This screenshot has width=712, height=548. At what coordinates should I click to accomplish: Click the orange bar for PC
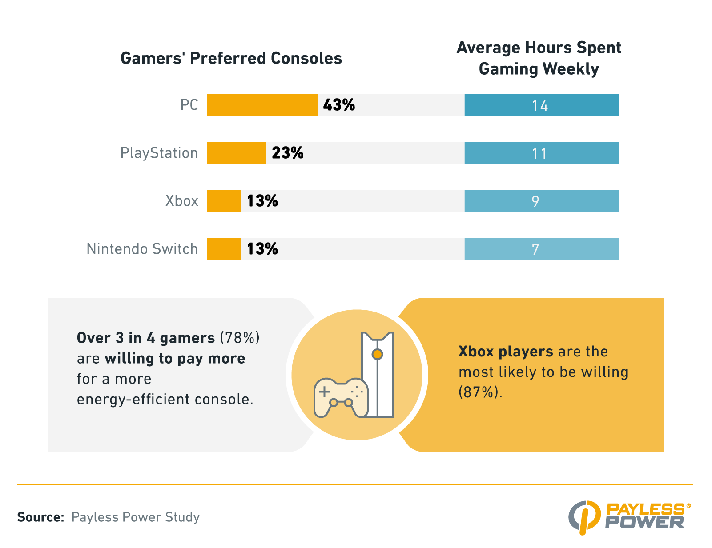point(262,105)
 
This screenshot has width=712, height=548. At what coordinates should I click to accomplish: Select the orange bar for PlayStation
point(236,153)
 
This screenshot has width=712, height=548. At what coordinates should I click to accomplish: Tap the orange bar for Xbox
point(224,201)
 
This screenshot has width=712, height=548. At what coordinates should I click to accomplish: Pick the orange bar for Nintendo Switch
point(224,249)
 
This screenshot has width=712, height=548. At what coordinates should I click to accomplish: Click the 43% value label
point(339,105)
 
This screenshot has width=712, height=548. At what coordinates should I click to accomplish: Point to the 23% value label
point(287,153)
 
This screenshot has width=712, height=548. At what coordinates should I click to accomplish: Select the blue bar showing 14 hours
point(541,105)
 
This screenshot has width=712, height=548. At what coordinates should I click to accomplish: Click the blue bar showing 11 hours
point(541,153)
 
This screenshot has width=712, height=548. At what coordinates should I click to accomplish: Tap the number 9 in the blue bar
point(535,201)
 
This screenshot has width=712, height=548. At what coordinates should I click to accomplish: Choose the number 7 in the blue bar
point(535,249)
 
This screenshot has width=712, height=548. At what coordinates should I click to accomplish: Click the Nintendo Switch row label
point(142,249)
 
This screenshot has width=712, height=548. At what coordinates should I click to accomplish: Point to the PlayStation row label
point(159,153)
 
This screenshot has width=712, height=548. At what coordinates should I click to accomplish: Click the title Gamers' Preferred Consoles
point(231,59)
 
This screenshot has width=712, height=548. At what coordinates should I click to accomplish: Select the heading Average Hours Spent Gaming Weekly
point(539,58)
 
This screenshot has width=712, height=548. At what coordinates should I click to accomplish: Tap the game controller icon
point(340,397)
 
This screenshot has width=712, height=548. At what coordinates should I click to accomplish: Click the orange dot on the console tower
point(377,354)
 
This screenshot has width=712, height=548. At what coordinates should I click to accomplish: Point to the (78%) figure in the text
point(240,338)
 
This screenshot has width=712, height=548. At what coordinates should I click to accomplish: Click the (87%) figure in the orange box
point(480,392)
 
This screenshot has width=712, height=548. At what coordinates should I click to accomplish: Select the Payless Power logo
point(629,516)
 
